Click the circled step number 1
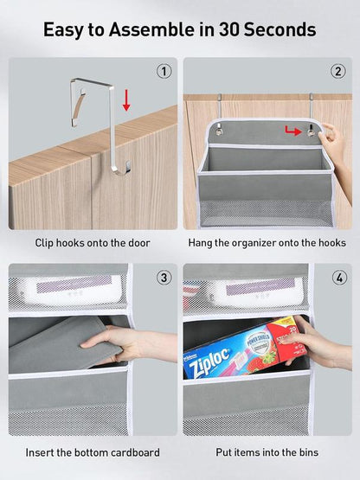coord(164,71)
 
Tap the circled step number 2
coord(337,71)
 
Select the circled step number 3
coord(164,278)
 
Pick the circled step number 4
coord(337,278)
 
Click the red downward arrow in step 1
coord(125,101)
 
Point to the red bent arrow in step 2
coord(296,131)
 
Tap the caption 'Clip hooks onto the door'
coord(93,243)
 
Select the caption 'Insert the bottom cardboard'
coord(93,452)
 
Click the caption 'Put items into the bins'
coord(267,452)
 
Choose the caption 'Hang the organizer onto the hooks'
coord(267,243)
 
